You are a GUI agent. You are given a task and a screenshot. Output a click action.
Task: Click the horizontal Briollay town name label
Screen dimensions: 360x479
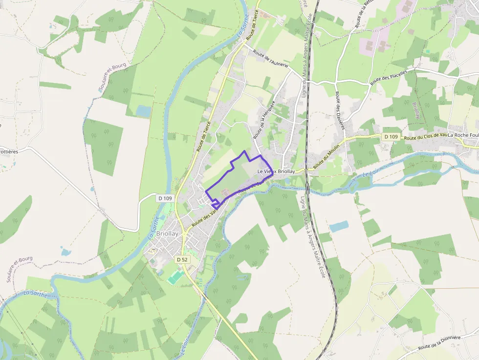[x=167, y=234]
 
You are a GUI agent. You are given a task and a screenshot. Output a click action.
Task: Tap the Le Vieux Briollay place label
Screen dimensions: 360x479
[x=276, y=171]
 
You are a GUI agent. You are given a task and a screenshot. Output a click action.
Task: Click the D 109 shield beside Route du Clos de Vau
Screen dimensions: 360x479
[x=391, y=137]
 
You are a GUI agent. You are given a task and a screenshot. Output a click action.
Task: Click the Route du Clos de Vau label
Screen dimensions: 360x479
[x=425, y=137]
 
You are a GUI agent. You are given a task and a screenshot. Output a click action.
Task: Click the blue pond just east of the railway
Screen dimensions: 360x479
[x=339, y=226]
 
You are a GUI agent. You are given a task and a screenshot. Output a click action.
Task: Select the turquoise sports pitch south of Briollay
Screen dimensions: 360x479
[x=174, y=277]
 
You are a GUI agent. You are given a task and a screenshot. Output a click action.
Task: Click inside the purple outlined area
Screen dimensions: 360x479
[x=235, y=176]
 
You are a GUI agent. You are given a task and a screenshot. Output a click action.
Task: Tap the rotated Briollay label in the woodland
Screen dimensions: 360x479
[x=417, y=111]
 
